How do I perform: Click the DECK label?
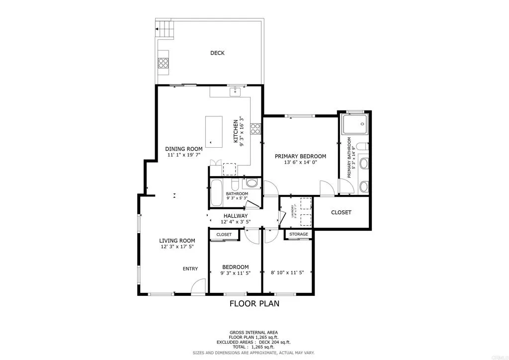coord(217,53)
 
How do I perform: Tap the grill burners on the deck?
coord(163,63)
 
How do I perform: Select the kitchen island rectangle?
coord(215,131)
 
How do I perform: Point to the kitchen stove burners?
coord(255,129)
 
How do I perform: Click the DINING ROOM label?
coord(184,149)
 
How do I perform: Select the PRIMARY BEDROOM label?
coord(300,156)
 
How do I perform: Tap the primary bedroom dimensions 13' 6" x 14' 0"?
coord(300,163)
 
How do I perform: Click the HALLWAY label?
coord(236,216)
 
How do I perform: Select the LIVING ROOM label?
coord(177,241)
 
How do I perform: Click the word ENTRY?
coord(190,269)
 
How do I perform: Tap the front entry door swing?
coord(199,287)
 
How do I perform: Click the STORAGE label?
coord(299,234)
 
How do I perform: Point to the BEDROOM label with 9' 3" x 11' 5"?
coord(235,267)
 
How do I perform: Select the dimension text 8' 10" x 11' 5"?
coord(288,273)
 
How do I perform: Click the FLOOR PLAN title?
coord(254,303)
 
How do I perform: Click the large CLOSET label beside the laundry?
coord(341,212)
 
